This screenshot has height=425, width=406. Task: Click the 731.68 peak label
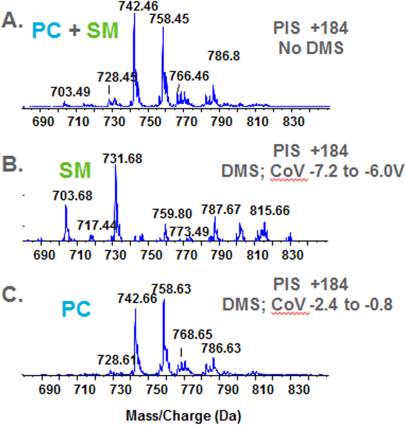124,159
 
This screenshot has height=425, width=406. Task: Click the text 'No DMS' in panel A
311,48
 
